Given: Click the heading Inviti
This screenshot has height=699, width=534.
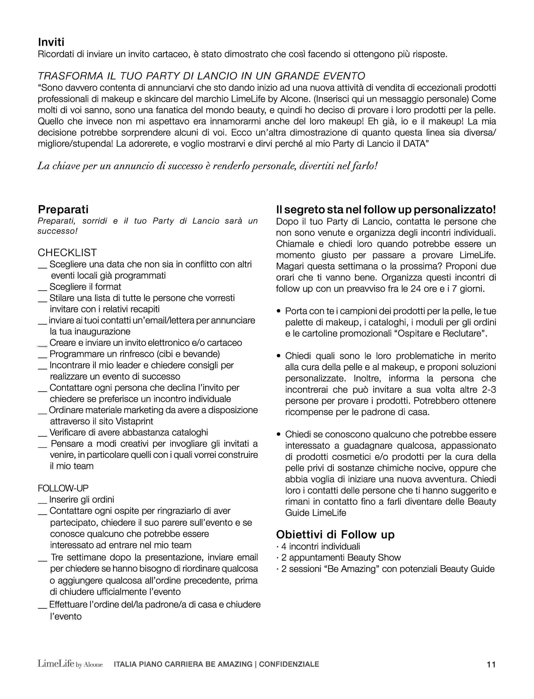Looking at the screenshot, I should (x=51, y=42).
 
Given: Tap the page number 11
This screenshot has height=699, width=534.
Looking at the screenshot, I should (x=491, y=664).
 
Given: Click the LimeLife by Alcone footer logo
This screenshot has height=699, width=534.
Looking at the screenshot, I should (x=70, y=664).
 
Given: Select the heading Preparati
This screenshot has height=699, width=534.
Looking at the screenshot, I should (x=63, y=209).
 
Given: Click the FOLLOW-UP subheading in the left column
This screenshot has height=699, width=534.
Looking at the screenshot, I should (x=63, y=488).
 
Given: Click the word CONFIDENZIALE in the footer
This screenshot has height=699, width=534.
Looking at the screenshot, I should (x=289, y=664).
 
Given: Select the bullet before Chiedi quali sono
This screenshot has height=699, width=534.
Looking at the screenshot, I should (x=279, y=356).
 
